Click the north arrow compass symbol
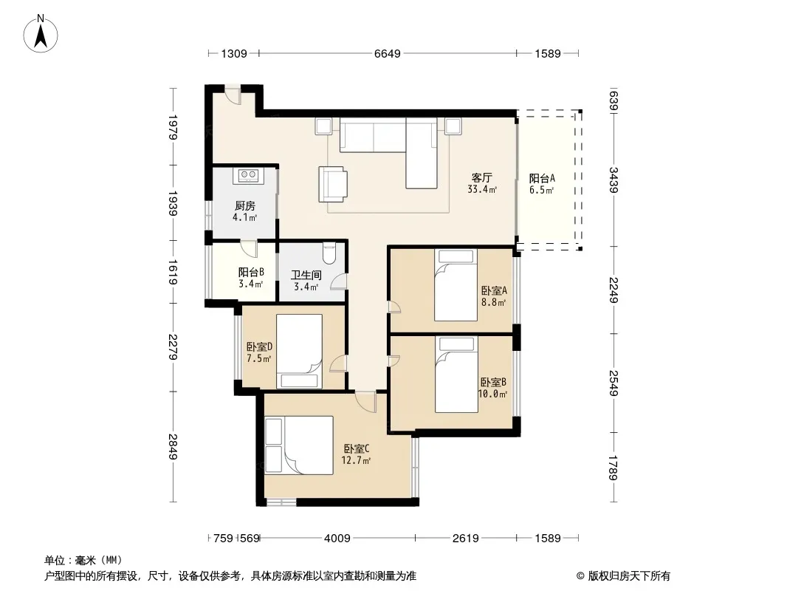click(x=41, y=34)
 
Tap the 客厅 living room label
click(x=482, y=178)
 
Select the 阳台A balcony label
click(x=542, y=178)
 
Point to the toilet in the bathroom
click(x=329, y=253)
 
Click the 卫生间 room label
click(x=306, y=275)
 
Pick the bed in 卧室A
click(x=456, y=284)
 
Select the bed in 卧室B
click(x=456, y=375)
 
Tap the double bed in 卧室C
click(x=299, y=445)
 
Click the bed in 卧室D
click(x=299, y=352)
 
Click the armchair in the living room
click(x=333, y=184)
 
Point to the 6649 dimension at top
click(x=388, y=53)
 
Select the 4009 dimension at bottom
click(x=337, y=539)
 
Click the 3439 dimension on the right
click(x=614, y=180)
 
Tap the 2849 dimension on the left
click(x=173, y=446)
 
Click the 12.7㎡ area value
click(x=356, y=460)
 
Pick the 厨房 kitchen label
click(x=245, y=206)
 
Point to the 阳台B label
click(x=252, y=273)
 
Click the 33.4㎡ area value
click(x=482, y=190)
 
